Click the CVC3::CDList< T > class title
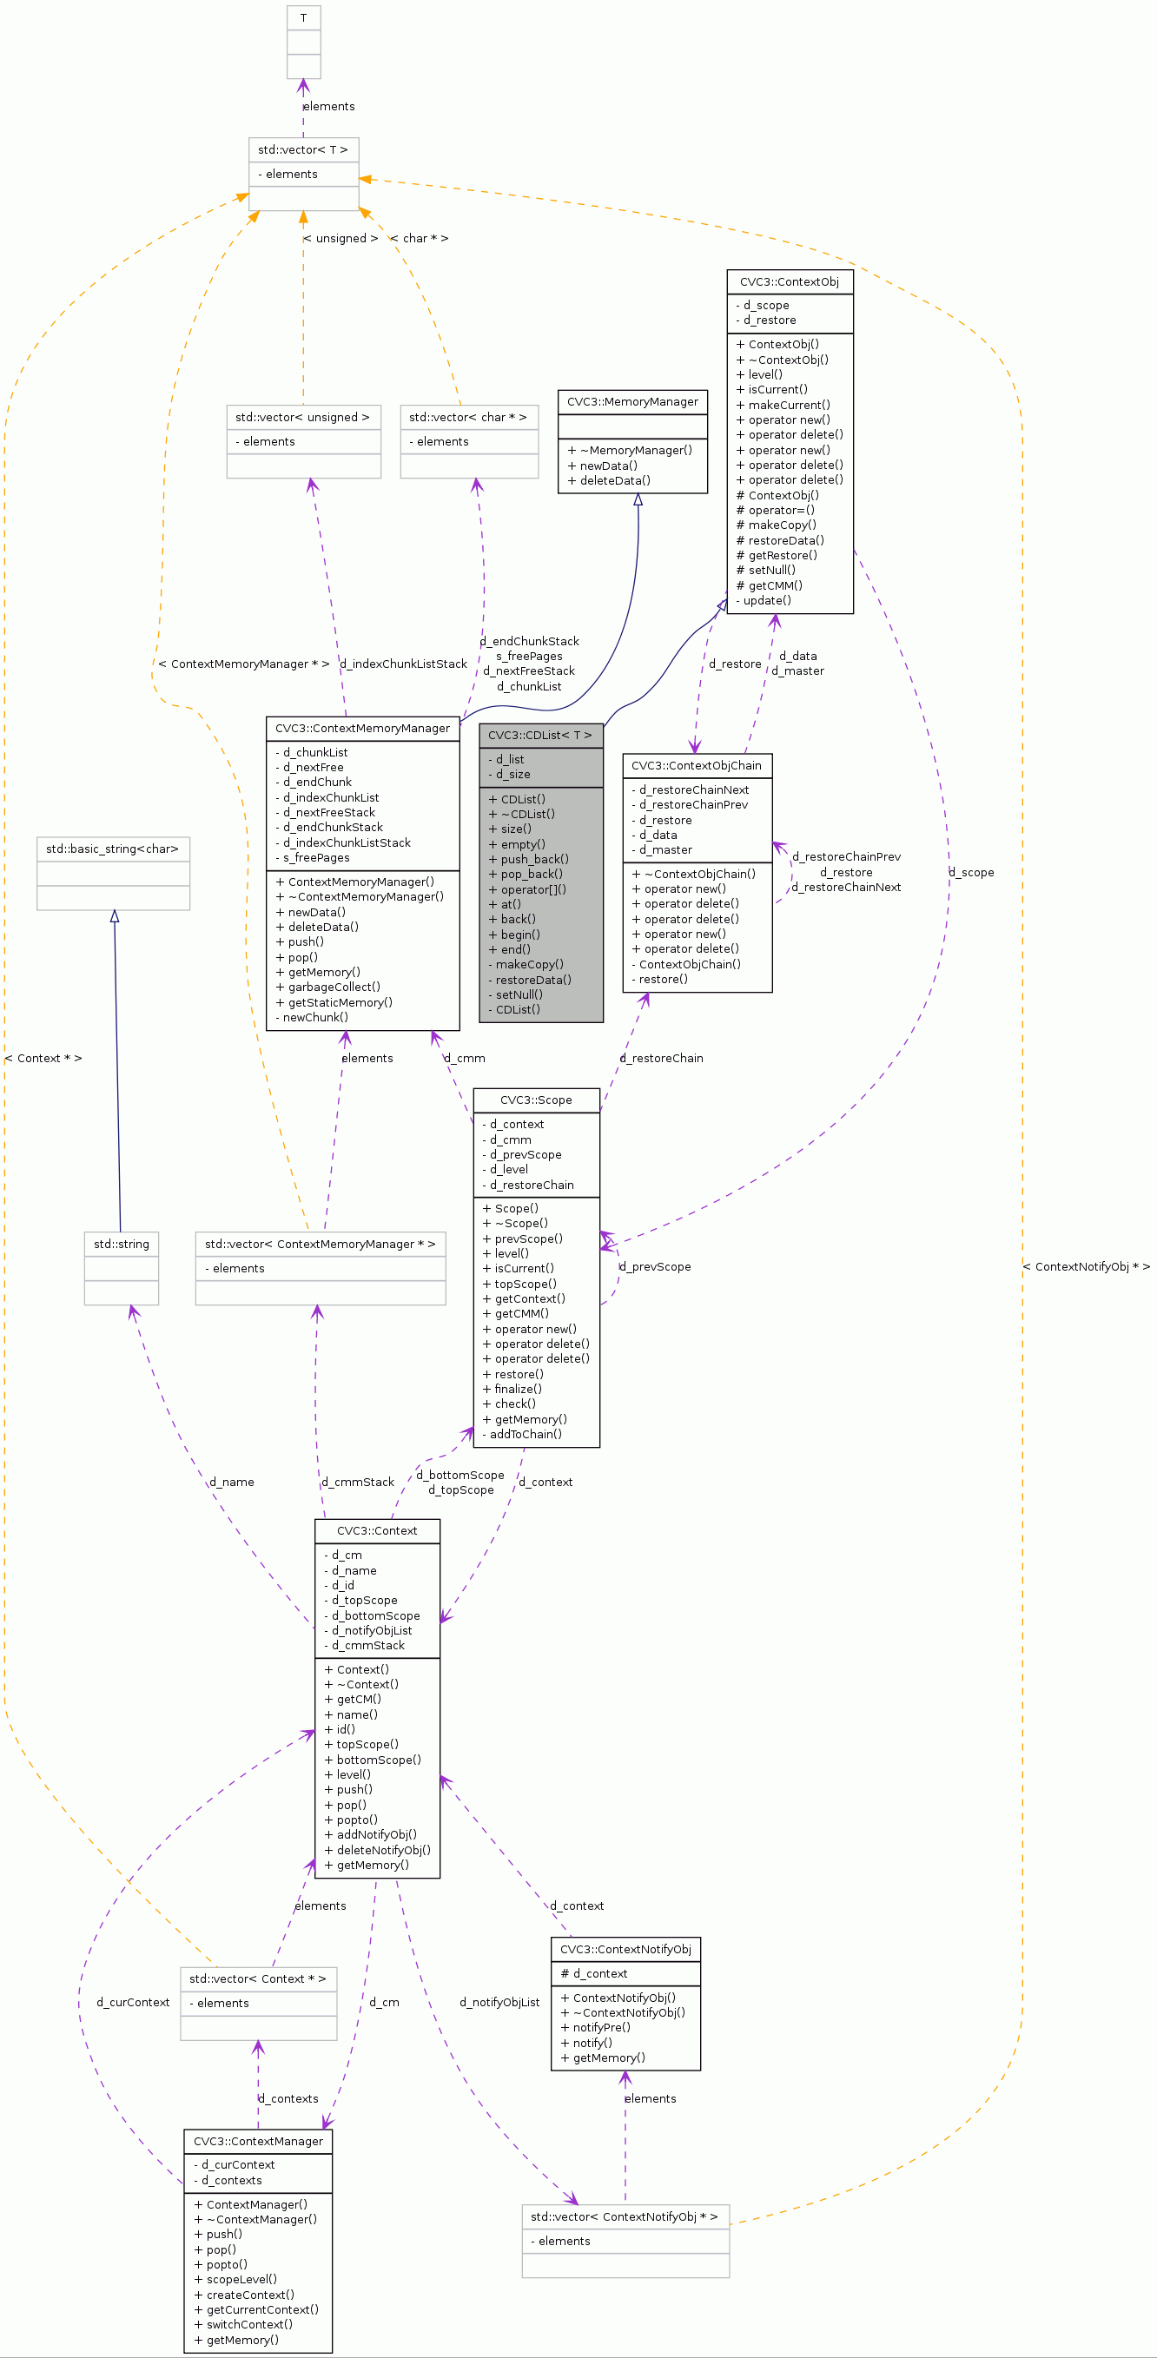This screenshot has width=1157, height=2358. [540, 735]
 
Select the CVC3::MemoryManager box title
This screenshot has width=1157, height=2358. [631, 402]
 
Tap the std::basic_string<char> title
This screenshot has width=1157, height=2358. [113, 849]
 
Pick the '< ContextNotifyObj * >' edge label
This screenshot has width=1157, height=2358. [1087, 1267]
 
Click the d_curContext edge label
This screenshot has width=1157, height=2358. [133, 2002]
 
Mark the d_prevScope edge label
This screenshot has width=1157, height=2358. [656, 1267]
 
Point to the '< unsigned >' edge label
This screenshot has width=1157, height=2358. [340, 238]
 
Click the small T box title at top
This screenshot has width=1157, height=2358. [303, 17]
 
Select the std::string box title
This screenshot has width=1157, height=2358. [121, 1244]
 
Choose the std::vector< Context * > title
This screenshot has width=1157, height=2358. [257, 1978]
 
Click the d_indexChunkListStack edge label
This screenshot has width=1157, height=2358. [404, 664]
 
